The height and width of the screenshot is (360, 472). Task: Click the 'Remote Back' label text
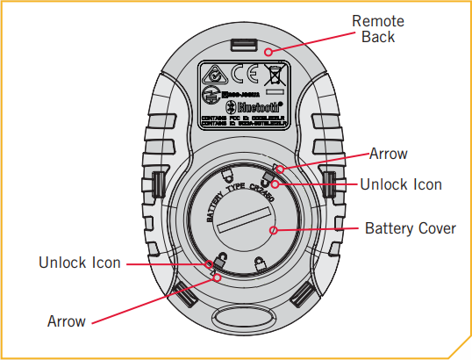click(378, 29)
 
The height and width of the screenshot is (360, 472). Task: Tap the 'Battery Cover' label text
click(410, 228)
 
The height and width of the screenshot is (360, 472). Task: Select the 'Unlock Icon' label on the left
click(80, 263)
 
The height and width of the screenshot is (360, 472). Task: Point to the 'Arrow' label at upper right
click(388, 154)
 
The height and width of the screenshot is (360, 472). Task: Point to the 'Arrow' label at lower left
click(67, 321)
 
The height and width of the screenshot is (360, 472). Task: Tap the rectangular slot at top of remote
click(242, 44)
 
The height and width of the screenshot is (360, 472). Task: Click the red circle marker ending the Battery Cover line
click(273, 231)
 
